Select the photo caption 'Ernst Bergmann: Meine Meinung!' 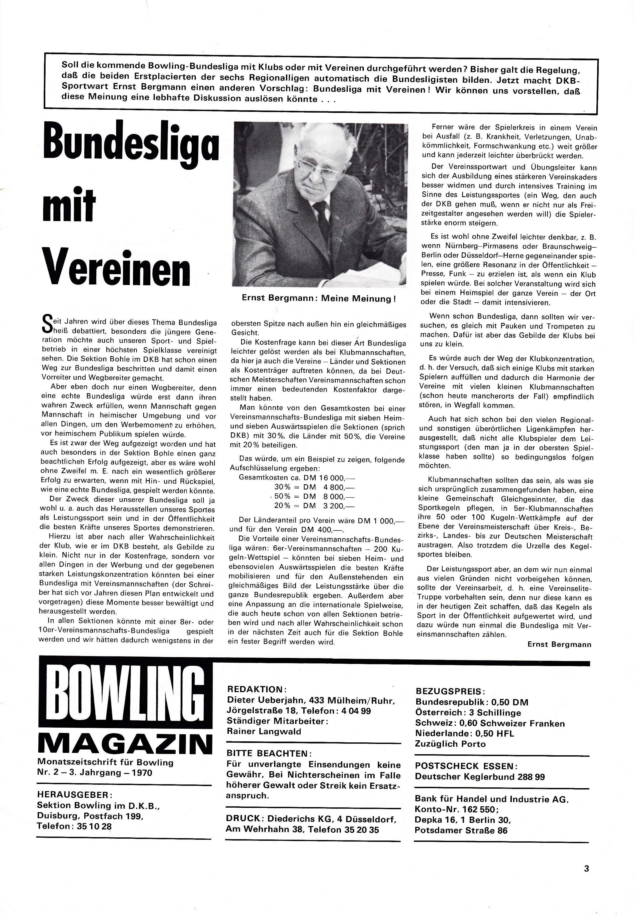pos(319,298)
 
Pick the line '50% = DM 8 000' pos(314,496)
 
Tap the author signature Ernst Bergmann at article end pos(559,644)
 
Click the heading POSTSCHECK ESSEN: pos(466,766)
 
